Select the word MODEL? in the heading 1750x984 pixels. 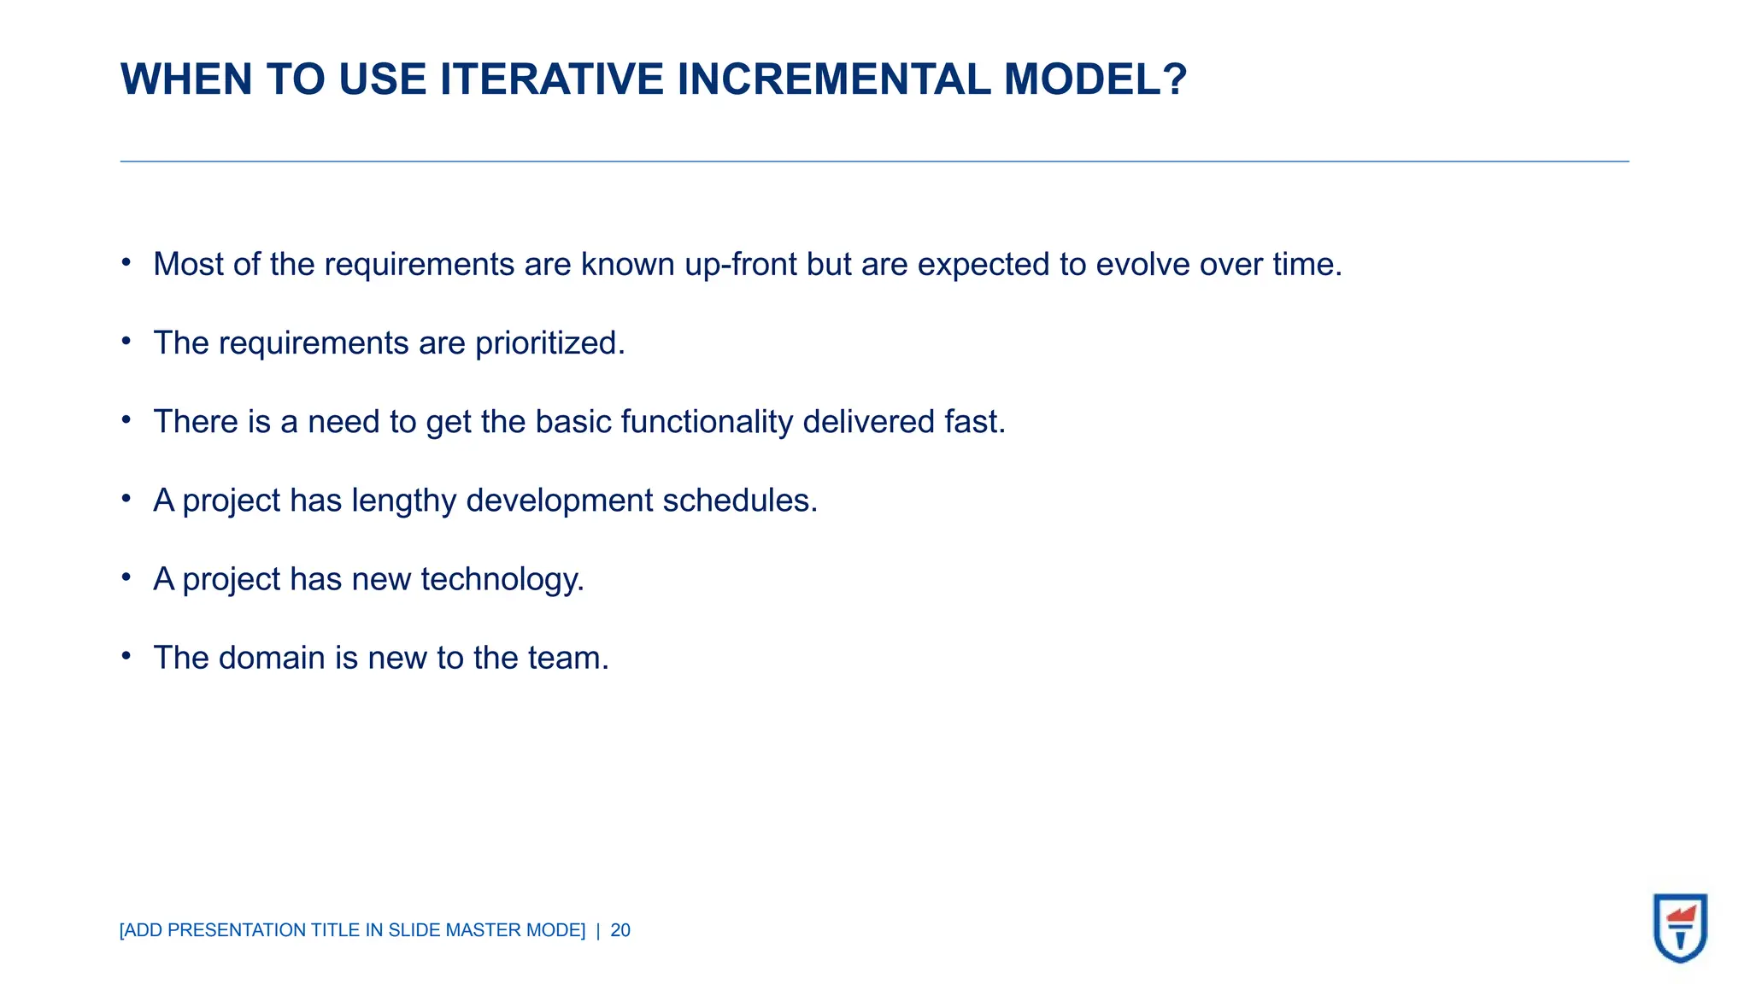tap(1095, 79)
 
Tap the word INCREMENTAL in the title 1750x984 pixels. tap(833, 79)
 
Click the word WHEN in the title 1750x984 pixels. tap(186, 79)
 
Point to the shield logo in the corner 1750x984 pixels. tap(1680, 928)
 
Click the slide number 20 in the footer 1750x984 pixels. tap(620, 930)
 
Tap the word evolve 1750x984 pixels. tap(1142, 265)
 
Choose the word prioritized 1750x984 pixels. tap(549, 343)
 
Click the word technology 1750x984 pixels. tap(502, 580)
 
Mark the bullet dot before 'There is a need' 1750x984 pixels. tap(126, 419)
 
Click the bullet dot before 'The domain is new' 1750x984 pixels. tap(126, 656)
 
